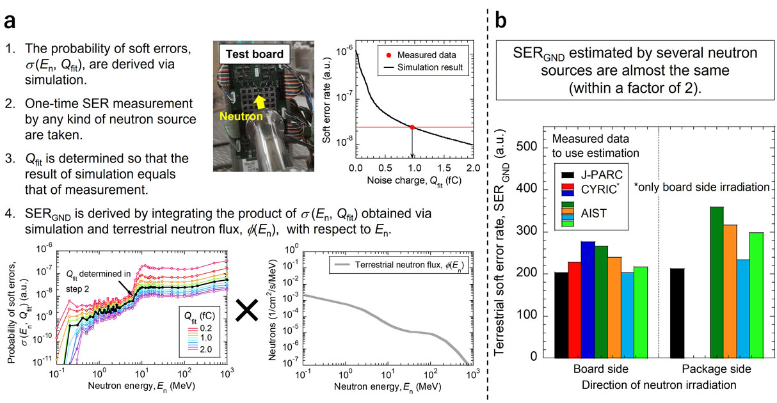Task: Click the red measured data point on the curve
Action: (x=413, y=127)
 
